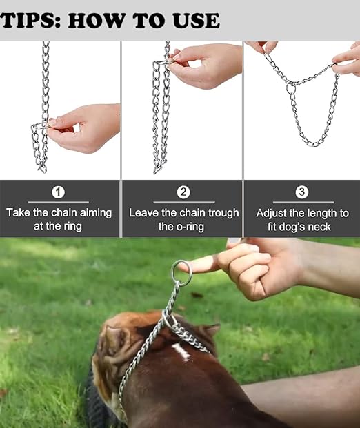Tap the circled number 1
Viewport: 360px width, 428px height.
pyautogui.click(x=59, y=192)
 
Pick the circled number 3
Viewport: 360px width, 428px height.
pyautogui.click(x=302, y=192)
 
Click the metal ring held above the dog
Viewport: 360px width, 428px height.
pyautogui.click(x=182, y=272)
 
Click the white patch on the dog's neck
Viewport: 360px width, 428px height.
pyautogui.click(x=181, y=352)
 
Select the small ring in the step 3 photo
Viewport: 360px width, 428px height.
pyautogui.click(x=291, y=88)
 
